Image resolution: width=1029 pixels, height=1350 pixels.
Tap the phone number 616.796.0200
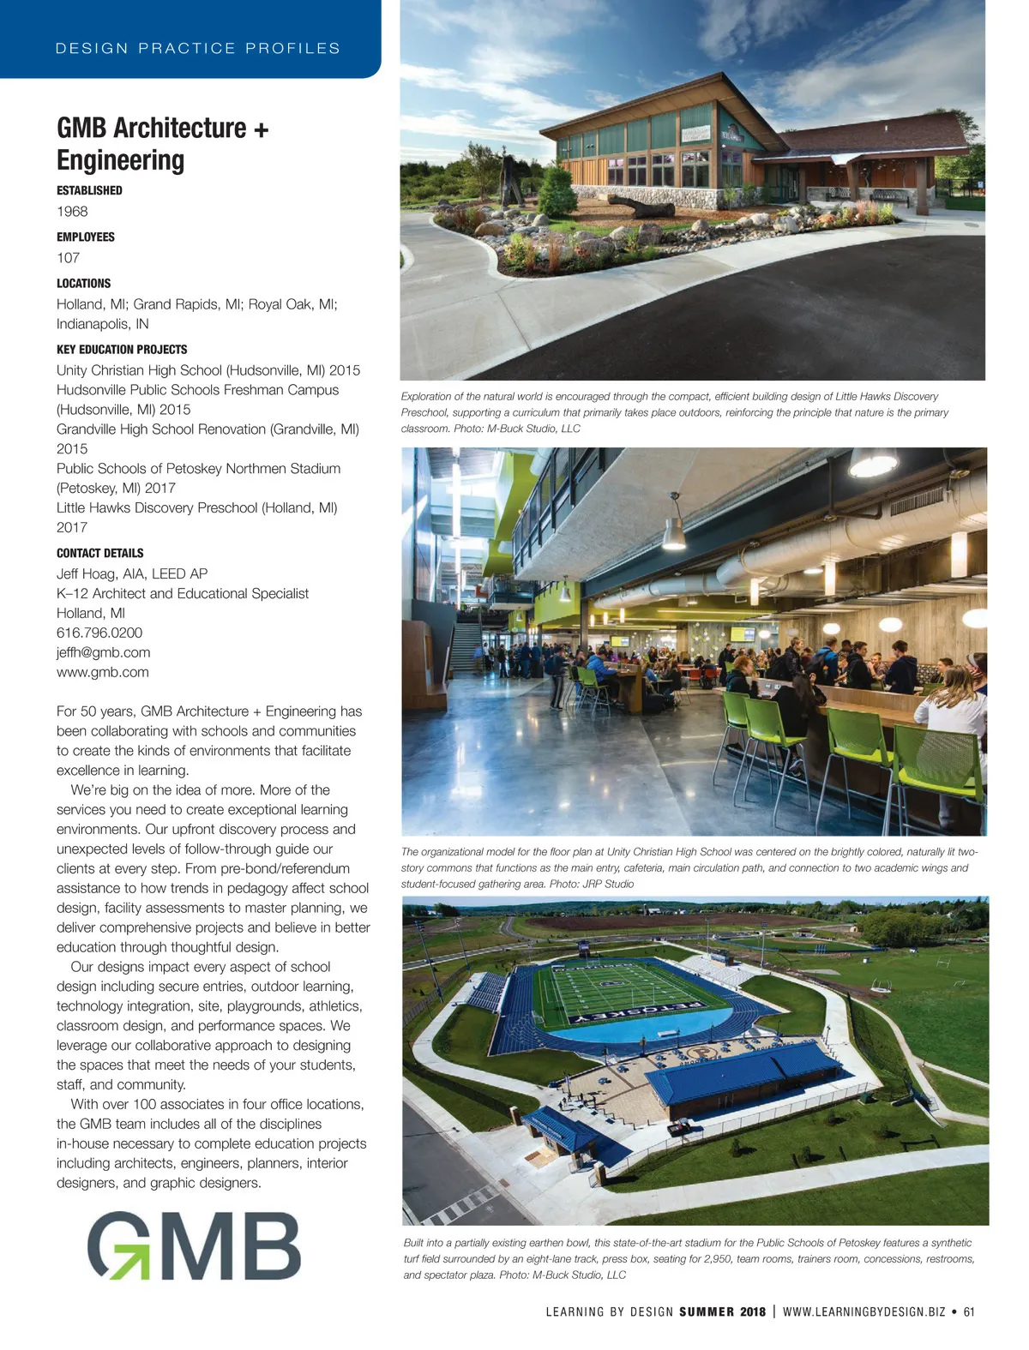[x=99, y=633]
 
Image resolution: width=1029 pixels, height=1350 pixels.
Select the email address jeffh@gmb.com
[x=103, y=652]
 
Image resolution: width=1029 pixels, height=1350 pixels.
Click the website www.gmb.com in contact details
[x=102, y=672]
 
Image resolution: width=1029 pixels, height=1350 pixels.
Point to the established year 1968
[x=72, y=211]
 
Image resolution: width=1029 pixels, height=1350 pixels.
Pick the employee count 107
[x=68, y=257]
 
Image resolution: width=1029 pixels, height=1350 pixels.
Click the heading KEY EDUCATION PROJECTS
[x=122, y=349]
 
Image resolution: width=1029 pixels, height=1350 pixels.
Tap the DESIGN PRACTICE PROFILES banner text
[x=197, y=48]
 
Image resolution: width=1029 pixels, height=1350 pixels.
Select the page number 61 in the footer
[x=969, y=1311]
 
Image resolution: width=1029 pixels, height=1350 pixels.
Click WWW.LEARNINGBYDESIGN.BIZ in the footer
[x=864, y=1311]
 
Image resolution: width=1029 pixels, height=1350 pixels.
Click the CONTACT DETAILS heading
[x=99, y=553]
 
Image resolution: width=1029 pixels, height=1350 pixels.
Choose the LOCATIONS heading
[x=83, y=283]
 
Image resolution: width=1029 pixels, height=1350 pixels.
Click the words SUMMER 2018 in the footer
[x=722, y=1311]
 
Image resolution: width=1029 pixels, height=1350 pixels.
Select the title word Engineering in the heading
[x=120, y=160]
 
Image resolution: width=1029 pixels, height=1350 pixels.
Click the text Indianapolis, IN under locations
[x=102, y=324]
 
